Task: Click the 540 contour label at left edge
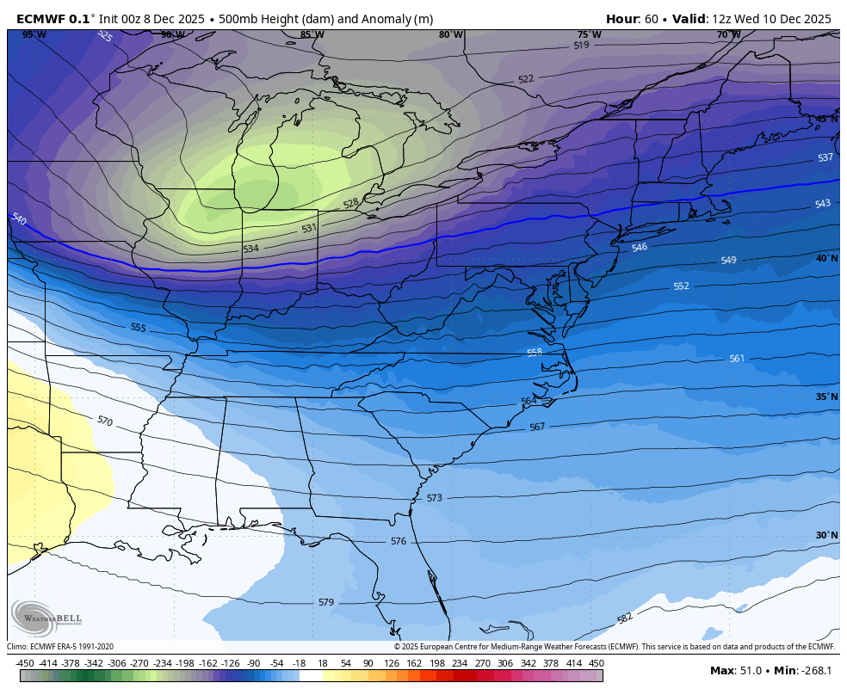[19, 219]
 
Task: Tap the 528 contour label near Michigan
[350, 204]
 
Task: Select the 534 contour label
[250, 249]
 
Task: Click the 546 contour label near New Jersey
[639, 248]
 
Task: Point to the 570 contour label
[104, 421]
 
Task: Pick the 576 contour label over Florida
[398, 541]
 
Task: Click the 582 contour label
[625, 618]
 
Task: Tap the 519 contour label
[581, 45]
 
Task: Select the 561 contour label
[737, 359]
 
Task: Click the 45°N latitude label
[826, 120]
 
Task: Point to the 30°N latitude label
[826, 535]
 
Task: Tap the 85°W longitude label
[312, 35]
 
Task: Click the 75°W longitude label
[589, 35]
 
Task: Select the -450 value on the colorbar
[25, 663]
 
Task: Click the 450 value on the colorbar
[596, 663]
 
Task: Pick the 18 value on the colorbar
[322, 663]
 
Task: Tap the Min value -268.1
[817, 671]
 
